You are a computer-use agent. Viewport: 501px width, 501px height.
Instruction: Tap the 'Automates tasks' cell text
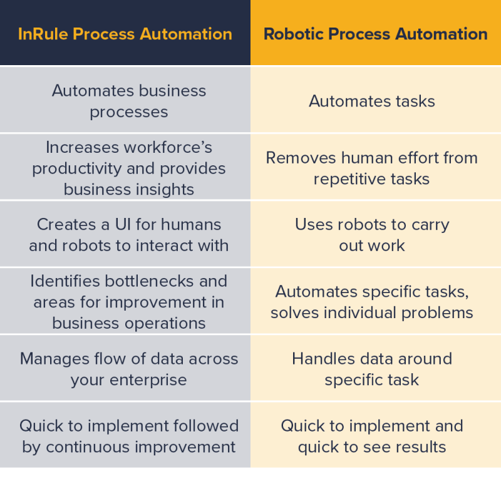click(372, 101)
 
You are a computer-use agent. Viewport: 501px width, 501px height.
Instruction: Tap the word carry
click(430, 224)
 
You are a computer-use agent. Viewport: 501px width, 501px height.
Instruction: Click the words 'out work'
click(372, 245)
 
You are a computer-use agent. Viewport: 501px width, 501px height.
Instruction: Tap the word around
click(425, 359)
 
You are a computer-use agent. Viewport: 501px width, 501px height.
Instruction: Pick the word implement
click(389, 426)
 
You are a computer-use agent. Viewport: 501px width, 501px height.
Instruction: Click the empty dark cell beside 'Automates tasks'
click(125, 100)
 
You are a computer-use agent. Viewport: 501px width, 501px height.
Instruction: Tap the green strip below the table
click(250, 485)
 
